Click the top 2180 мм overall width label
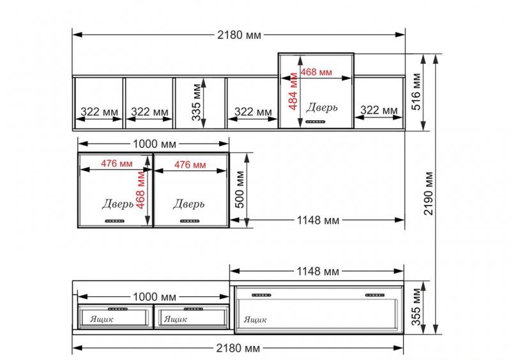(x=239, y=35)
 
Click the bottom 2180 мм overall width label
(x=238, y=349)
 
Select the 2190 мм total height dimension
(x=429, y=193)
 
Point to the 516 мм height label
(x=416, y=91)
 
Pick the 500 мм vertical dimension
(x=240, y=190)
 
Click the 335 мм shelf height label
(x=197, y=102)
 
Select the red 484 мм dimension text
(x=293, y=91)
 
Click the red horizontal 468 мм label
(x=316, y=72)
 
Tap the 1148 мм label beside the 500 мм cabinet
(x=317, y=221)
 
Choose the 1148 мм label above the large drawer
(x=317, y=271)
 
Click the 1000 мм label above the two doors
(x=155, y=144)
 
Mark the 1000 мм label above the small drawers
(x=155, y=297)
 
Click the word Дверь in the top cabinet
(x=322, y=107)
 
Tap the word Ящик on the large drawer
(x=255, y=320)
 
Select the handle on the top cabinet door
(x=316, y=122)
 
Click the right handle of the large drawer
(x=375, y=295)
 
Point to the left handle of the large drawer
(x=261, y=295)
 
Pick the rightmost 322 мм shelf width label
(x=379, y=110)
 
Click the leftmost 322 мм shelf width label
(x=100, y=112)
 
